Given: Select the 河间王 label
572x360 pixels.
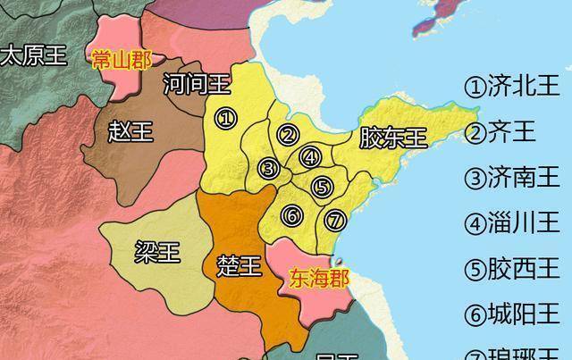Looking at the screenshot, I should (x=198, y=86).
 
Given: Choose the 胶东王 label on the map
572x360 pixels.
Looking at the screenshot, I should (x=393, y=138).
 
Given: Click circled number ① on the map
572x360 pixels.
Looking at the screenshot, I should (x=226, y=118).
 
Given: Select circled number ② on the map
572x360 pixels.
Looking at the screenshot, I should (x=288, y=136).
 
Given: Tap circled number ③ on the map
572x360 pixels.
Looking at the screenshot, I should (x=268, y=167).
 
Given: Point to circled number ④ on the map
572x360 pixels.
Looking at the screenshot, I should (x=310, y=157).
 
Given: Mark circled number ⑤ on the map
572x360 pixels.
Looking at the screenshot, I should (x=323, y=187).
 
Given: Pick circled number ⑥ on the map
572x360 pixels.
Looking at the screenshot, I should (x=290, y=215).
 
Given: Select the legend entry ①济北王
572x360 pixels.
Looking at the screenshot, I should (x=511, y=87).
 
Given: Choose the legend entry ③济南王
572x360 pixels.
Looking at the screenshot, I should (x=511, y=178).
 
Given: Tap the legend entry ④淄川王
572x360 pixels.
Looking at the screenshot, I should (x=511, y=223).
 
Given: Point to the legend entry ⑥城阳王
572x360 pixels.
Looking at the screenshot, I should (x=511, y=314).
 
